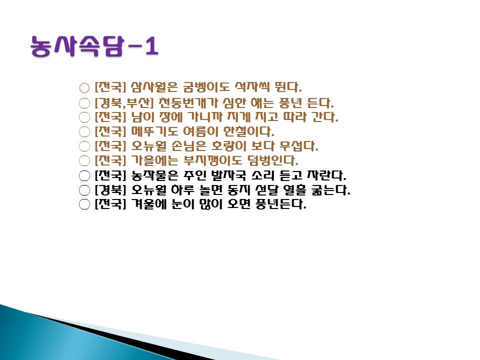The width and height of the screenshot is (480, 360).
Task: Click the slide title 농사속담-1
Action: (94, 46)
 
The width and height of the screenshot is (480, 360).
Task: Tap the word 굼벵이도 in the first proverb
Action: (205, 87)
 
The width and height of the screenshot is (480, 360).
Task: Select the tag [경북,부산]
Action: (123, 103)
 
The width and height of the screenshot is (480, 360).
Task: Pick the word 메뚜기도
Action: (154, 131)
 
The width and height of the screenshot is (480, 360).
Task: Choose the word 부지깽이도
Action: (212, 160)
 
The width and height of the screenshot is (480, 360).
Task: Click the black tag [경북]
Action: (110, 190)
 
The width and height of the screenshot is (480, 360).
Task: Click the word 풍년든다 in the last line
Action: (280, 204)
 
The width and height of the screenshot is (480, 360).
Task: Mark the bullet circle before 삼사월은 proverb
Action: (84, 88)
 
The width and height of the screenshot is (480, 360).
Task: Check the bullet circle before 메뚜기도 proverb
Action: (84, 132)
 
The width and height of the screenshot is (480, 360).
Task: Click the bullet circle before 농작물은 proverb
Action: (84, 176)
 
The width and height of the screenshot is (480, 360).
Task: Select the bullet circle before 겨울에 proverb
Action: (84, 204)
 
